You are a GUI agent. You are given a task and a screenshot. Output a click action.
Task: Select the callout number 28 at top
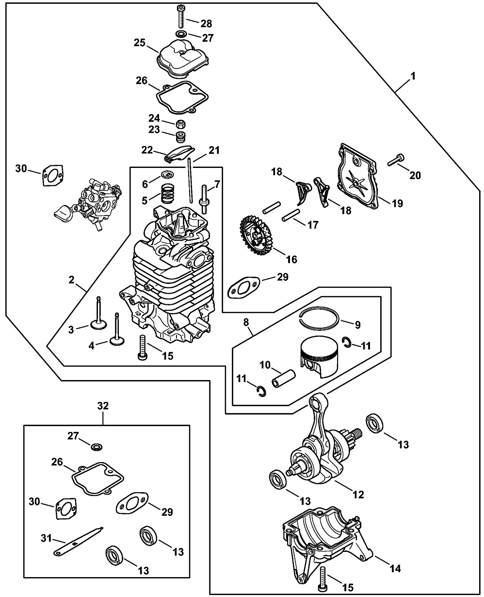(206, 23)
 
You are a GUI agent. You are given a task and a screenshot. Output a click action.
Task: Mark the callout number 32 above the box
(103, 406)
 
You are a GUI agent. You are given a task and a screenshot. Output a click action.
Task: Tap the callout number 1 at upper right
(413, 76)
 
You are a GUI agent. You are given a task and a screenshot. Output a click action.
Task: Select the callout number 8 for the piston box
(246, 321)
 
